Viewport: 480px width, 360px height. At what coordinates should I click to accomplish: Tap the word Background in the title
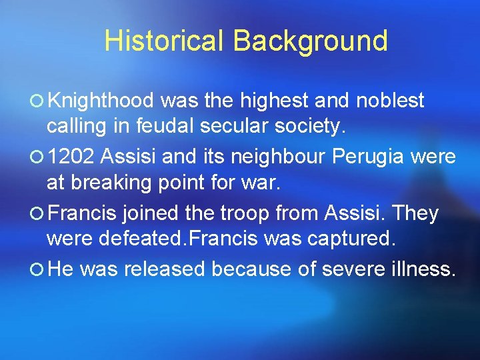pos(310,41)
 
